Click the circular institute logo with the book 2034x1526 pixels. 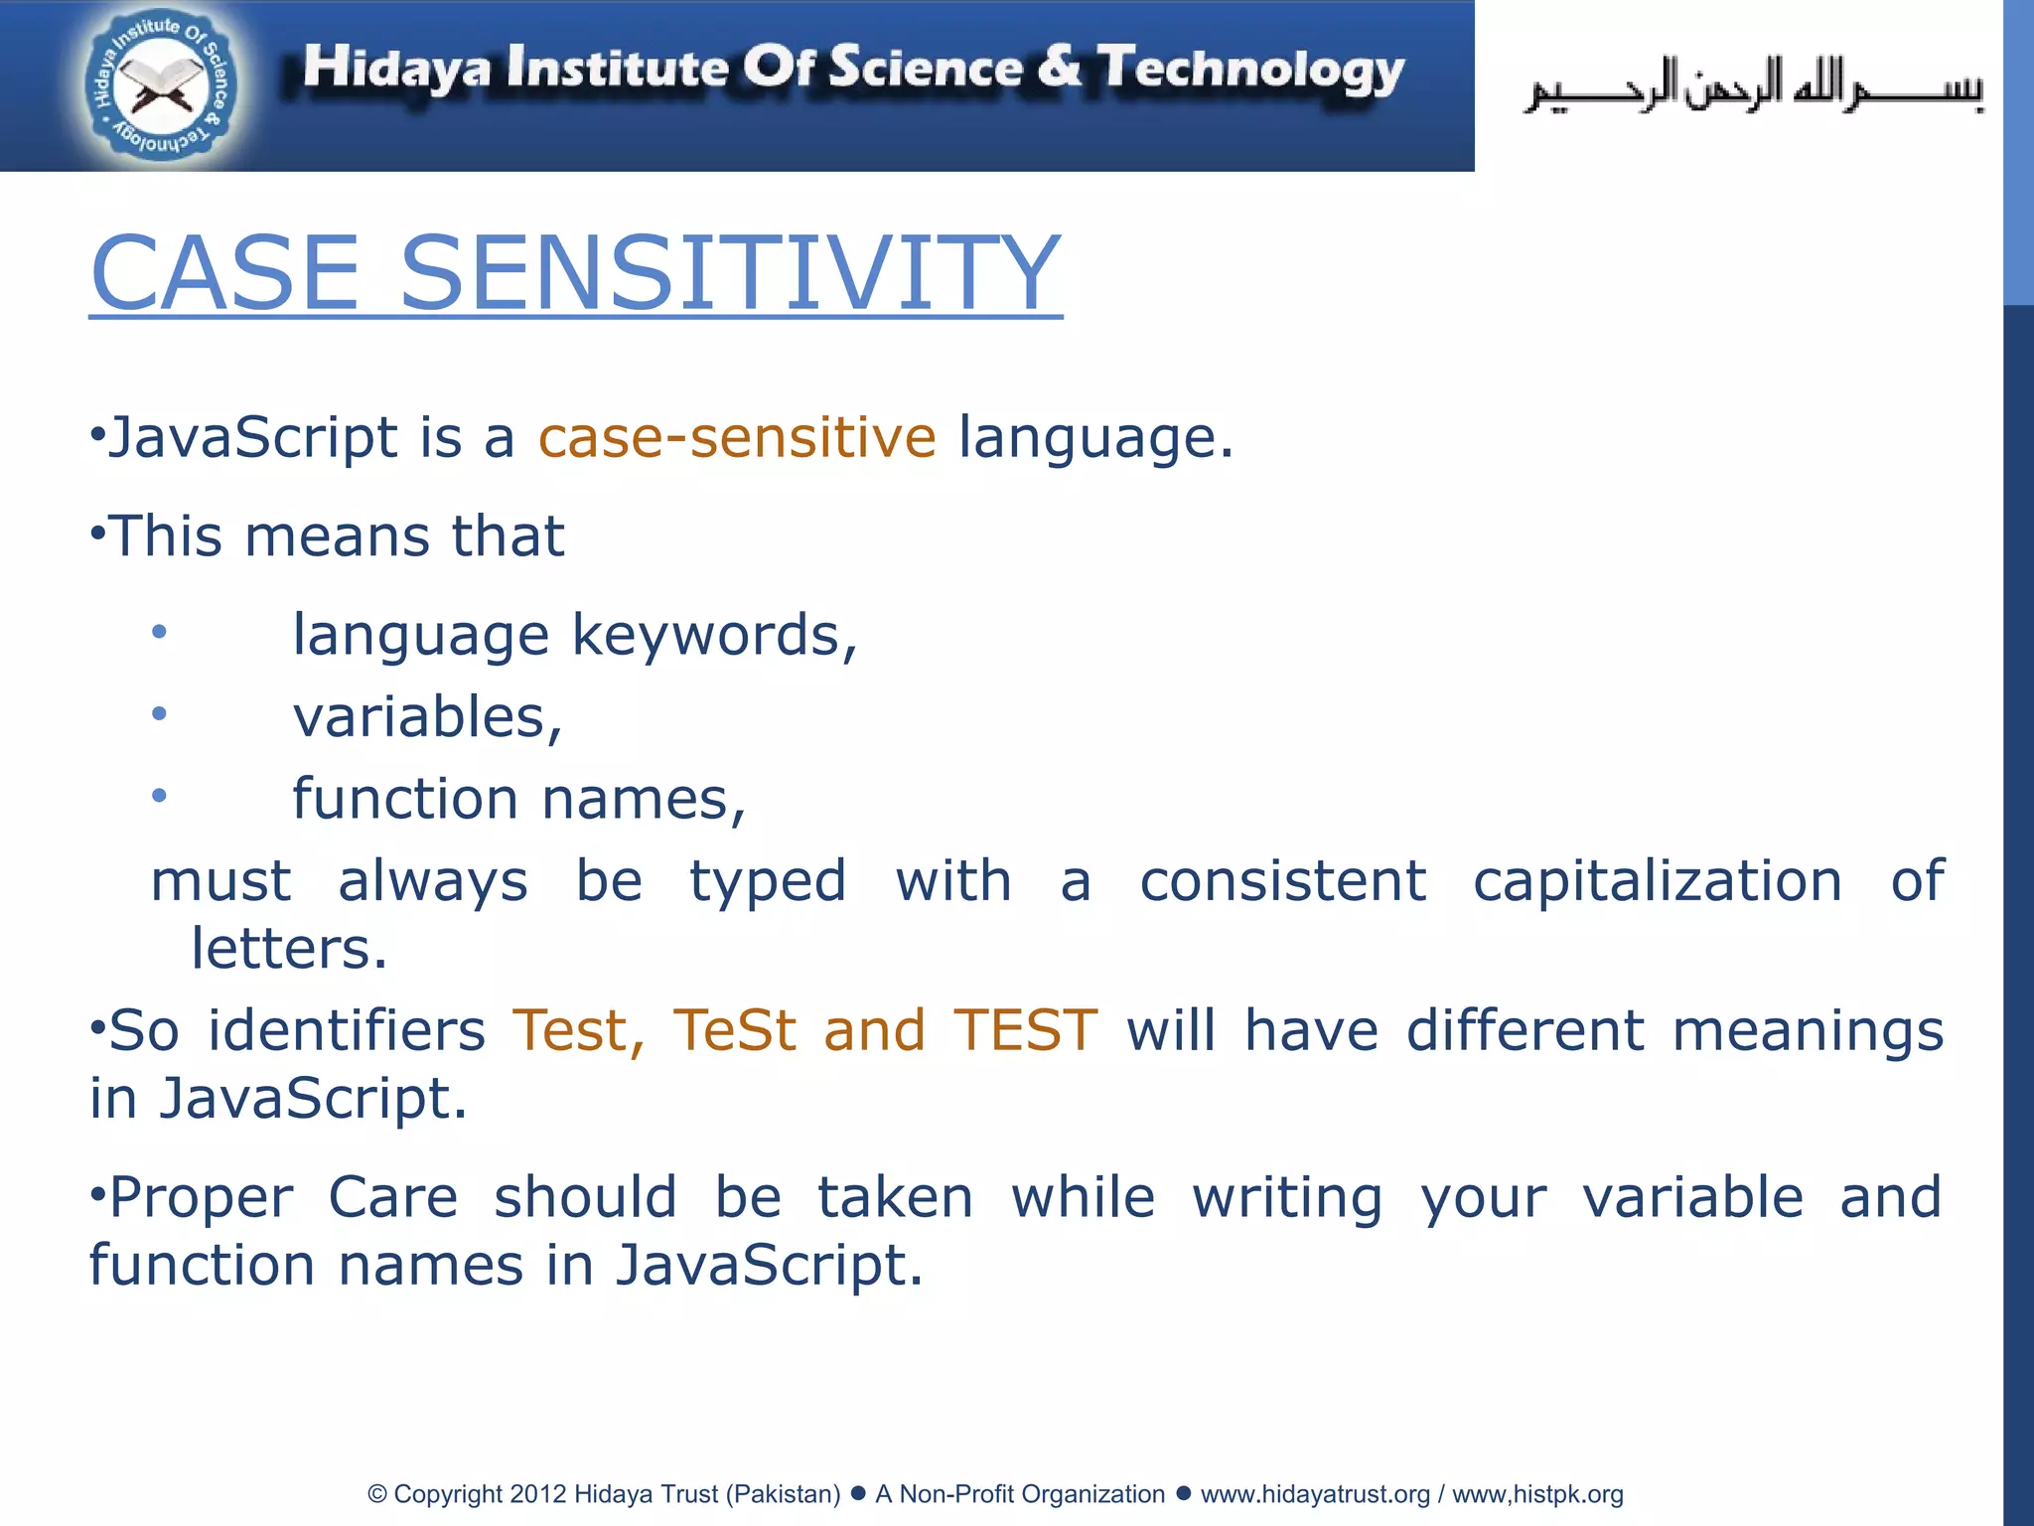click(x=159, y=87)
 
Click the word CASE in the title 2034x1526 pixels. click(x=224, y=272)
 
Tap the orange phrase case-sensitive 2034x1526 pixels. click(x=736, y=437)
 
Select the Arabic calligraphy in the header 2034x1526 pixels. click(x=1754, y=87)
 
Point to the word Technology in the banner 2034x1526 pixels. click(x=1250, y=70)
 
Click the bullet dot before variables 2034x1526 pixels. click(x=159, y=713)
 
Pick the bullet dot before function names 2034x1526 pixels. click(x=159, y=795)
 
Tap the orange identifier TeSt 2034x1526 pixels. click(x=734, y=1029)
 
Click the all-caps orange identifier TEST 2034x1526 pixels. click(x=1025, y=1029)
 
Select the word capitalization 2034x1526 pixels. click(x=1657, y=880)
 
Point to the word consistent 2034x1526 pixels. click(x=1282, y=880)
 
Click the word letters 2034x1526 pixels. click(x=288, y=948)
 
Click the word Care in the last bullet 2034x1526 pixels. click(x=393, y=1196)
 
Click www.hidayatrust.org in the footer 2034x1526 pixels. click(x=1315, y=1494)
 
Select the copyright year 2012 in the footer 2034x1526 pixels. click(x=537, y=1494)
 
